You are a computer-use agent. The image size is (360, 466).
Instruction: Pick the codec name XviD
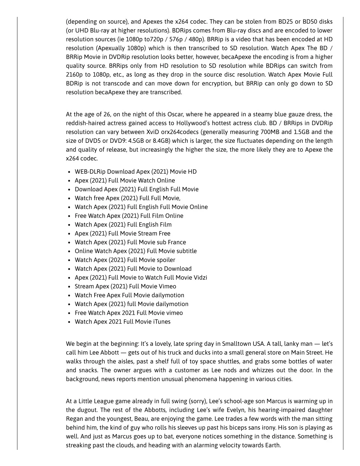point(152,132)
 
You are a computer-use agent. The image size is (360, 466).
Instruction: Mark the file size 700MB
point(269,132)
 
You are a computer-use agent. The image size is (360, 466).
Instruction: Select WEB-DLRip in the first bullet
point(90,172)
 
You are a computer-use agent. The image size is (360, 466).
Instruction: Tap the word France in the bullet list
point(177,242)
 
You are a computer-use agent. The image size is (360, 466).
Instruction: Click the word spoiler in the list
point(166,260)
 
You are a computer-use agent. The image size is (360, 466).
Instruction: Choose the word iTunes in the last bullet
point(162,321)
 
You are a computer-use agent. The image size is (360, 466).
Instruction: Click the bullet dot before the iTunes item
point(70,322)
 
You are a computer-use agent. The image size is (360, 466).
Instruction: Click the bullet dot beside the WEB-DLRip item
point(70,172)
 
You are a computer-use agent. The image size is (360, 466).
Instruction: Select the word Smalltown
point(236,344)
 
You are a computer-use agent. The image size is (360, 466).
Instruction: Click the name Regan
point(74,419)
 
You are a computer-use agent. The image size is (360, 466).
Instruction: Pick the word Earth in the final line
point(272,445)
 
